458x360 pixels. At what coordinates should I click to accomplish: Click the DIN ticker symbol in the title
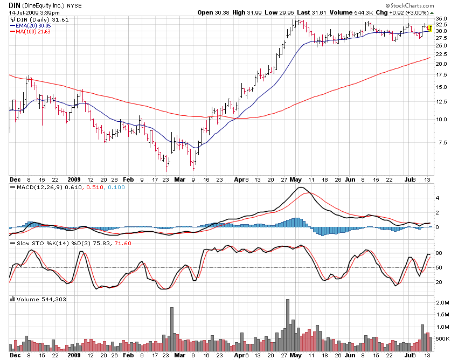click(15, 4)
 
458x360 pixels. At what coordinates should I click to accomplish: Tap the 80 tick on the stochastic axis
click(439, 253)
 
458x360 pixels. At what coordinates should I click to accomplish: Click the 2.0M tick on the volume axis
click(442, 303)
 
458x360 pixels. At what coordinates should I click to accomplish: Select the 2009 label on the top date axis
click(74, 179)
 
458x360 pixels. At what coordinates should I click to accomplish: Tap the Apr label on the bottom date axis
click(239, 356)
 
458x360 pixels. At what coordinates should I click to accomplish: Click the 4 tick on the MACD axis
click(438, 198)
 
